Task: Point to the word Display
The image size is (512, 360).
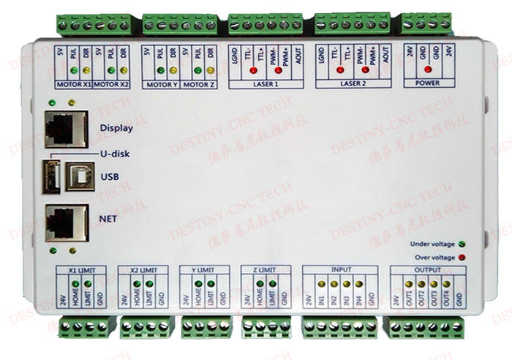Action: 116,129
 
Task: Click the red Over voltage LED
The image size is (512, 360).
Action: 463,258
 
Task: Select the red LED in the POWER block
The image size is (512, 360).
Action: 428,70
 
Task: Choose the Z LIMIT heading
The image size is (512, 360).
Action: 260,269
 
